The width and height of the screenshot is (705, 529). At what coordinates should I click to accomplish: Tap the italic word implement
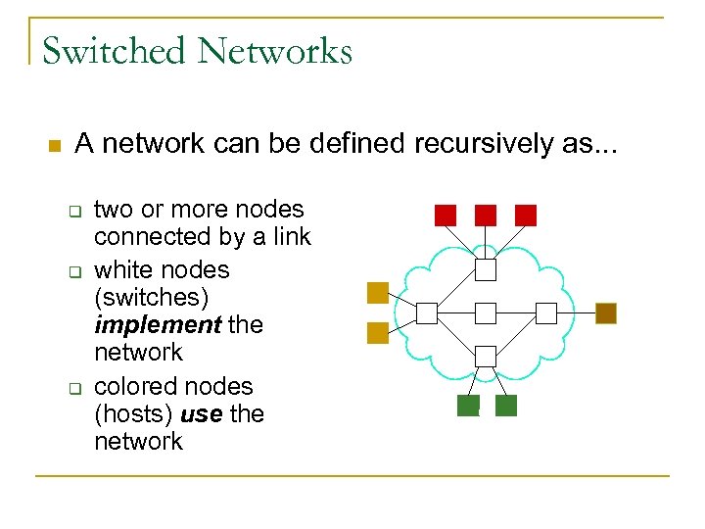pyautogui.click(x=157, y=324)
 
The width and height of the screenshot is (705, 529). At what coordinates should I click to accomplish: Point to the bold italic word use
pyautogui.click(x=201, y=413)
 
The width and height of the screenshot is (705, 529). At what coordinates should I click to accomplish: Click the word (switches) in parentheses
pyautogui.click(x=151, y=297)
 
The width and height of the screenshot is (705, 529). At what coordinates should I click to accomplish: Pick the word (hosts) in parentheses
pyautogui.click(x=133, y=413)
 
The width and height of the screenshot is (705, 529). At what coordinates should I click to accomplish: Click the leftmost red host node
pyautogui.click(x=446, y=215)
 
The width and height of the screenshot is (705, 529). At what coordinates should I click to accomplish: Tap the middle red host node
pyautogui.click(x=486, y=215)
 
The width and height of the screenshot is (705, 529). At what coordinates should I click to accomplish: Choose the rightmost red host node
pyautogui.click(x=526, y=215)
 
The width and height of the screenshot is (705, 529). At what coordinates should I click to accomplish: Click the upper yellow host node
pyautogui.click(x=378, y=292)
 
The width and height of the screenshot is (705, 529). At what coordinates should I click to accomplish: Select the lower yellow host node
pyautogui.click(x=378, y=333)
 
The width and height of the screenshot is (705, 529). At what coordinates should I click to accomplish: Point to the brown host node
pyautogui.click(x=606, y=313)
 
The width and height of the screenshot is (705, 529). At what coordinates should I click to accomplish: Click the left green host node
pyautogui.click(x=468, y=406)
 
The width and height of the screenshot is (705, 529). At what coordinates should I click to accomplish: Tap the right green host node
pyautogui.click(x=506, y=406)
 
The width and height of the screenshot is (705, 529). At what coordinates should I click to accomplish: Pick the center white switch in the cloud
pyautogui.click(x=486, y=313)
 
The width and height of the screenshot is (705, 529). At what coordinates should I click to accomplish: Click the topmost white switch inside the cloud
pyautogui.click(x=486, y=269)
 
